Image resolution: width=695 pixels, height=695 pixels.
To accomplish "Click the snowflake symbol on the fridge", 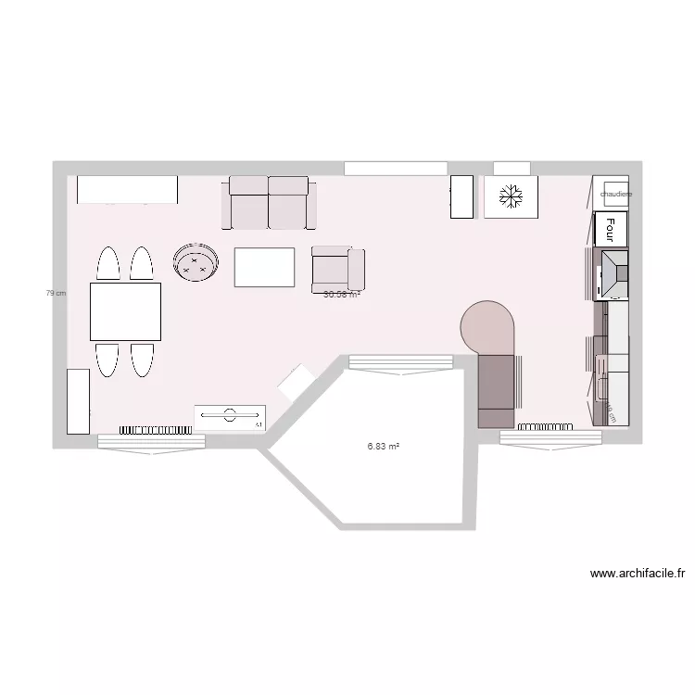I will [x=509, y=196].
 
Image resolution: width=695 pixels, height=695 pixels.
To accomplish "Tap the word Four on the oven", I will [x=612, y=227].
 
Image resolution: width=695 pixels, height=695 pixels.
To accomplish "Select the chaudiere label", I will [x=615, y=195].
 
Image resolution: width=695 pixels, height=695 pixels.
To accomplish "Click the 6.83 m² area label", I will [x=383, y=446].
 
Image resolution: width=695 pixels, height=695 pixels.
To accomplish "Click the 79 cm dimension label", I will [x=57, y=293].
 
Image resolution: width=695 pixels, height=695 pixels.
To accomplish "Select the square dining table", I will [x=125, y=311].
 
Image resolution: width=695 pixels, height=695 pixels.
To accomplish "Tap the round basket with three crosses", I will [x=196, y=261].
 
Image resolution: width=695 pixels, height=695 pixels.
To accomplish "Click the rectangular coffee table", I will [x=264, y=267].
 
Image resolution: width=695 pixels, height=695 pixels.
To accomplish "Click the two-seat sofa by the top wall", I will [x=269, y=203].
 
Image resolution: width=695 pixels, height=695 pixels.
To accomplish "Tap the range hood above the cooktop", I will [x=614, y=273].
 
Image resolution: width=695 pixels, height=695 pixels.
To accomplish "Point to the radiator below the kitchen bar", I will [x=547, y=426].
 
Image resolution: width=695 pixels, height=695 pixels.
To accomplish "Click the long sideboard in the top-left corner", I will [x=126, y=189].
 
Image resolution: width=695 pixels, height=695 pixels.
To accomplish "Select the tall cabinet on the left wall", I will [x=78, y=400].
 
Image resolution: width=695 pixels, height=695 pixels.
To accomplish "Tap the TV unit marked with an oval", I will [x=231, y=416].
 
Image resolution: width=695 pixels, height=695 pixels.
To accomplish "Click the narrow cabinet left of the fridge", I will [x=461, y=196].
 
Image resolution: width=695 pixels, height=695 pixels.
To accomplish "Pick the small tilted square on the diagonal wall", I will [x=297, y=383].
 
